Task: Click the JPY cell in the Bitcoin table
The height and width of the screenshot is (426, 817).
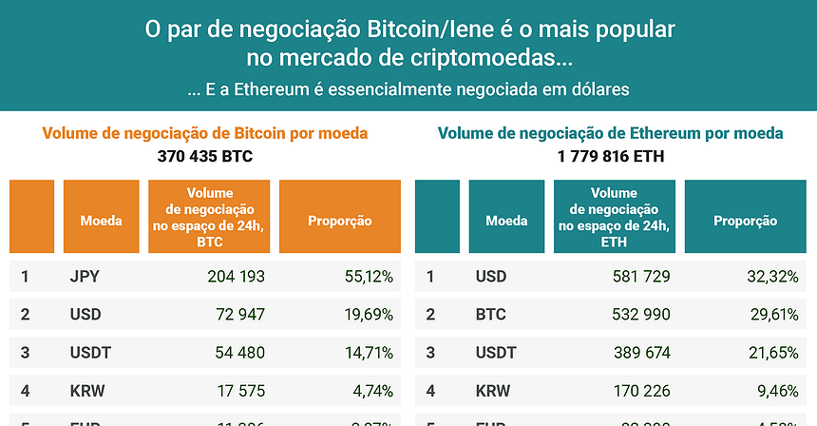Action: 85,277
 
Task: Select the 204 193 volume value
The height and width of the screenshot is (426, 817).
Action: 236,277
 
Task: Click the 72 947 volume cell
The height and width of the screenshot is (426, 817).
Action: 240,315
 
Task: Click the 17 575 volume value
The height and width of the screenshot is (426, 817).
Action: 240,391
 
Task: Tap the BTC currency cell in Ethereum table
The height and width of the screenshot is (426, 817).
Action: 490,315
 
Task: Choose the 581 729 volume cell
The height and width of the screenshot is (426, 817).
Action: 641,277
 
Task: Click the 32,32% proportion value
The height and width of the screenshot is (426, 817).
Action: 773,277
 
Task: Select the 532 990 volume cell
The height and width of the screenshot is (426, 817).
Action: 641,315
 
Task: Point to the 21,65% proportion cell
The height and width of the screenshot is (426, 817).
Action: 773,353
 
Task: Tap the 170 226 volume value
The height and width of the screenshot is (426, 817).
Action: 641,391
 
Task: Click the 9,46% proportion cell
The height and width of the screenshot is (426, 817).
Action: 778,391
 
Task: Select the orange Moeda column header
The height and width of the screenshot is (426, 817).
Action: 102,221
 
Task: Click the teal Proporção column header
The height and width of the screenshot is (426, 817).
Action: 745,221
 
